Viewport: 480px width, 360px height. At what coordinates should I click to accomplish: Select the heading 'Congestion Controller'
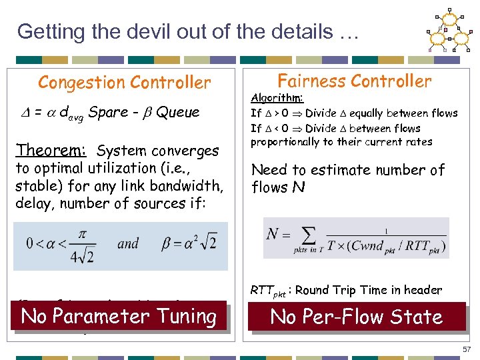[x=124, y=83]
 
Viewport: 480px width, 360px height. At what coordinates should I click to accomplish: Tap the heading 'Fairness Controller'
[x=354, y=81]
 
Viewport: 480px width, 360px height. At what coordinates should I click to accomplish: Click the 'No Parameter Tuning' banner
[x=119, y=316]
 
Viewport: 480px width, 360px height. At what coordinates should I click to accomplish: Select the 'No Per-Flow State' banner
[x=357, y=317]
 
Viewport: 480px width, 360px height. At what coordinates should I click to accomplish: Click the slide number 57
[x=465, y=349]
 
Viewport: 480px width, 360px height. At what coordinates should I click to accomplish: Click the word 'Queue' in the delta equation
[x=178, y=112]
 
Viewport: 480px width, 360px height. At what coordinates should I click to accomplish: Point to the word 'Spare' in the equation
[x=109, y=112]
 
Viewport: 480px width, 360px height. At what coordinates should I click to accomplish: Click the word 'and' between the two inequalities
[x=128, y=243]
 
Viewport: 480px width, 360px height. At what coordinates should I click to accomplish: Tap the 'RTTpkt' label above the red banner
[x=268, y=291]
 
